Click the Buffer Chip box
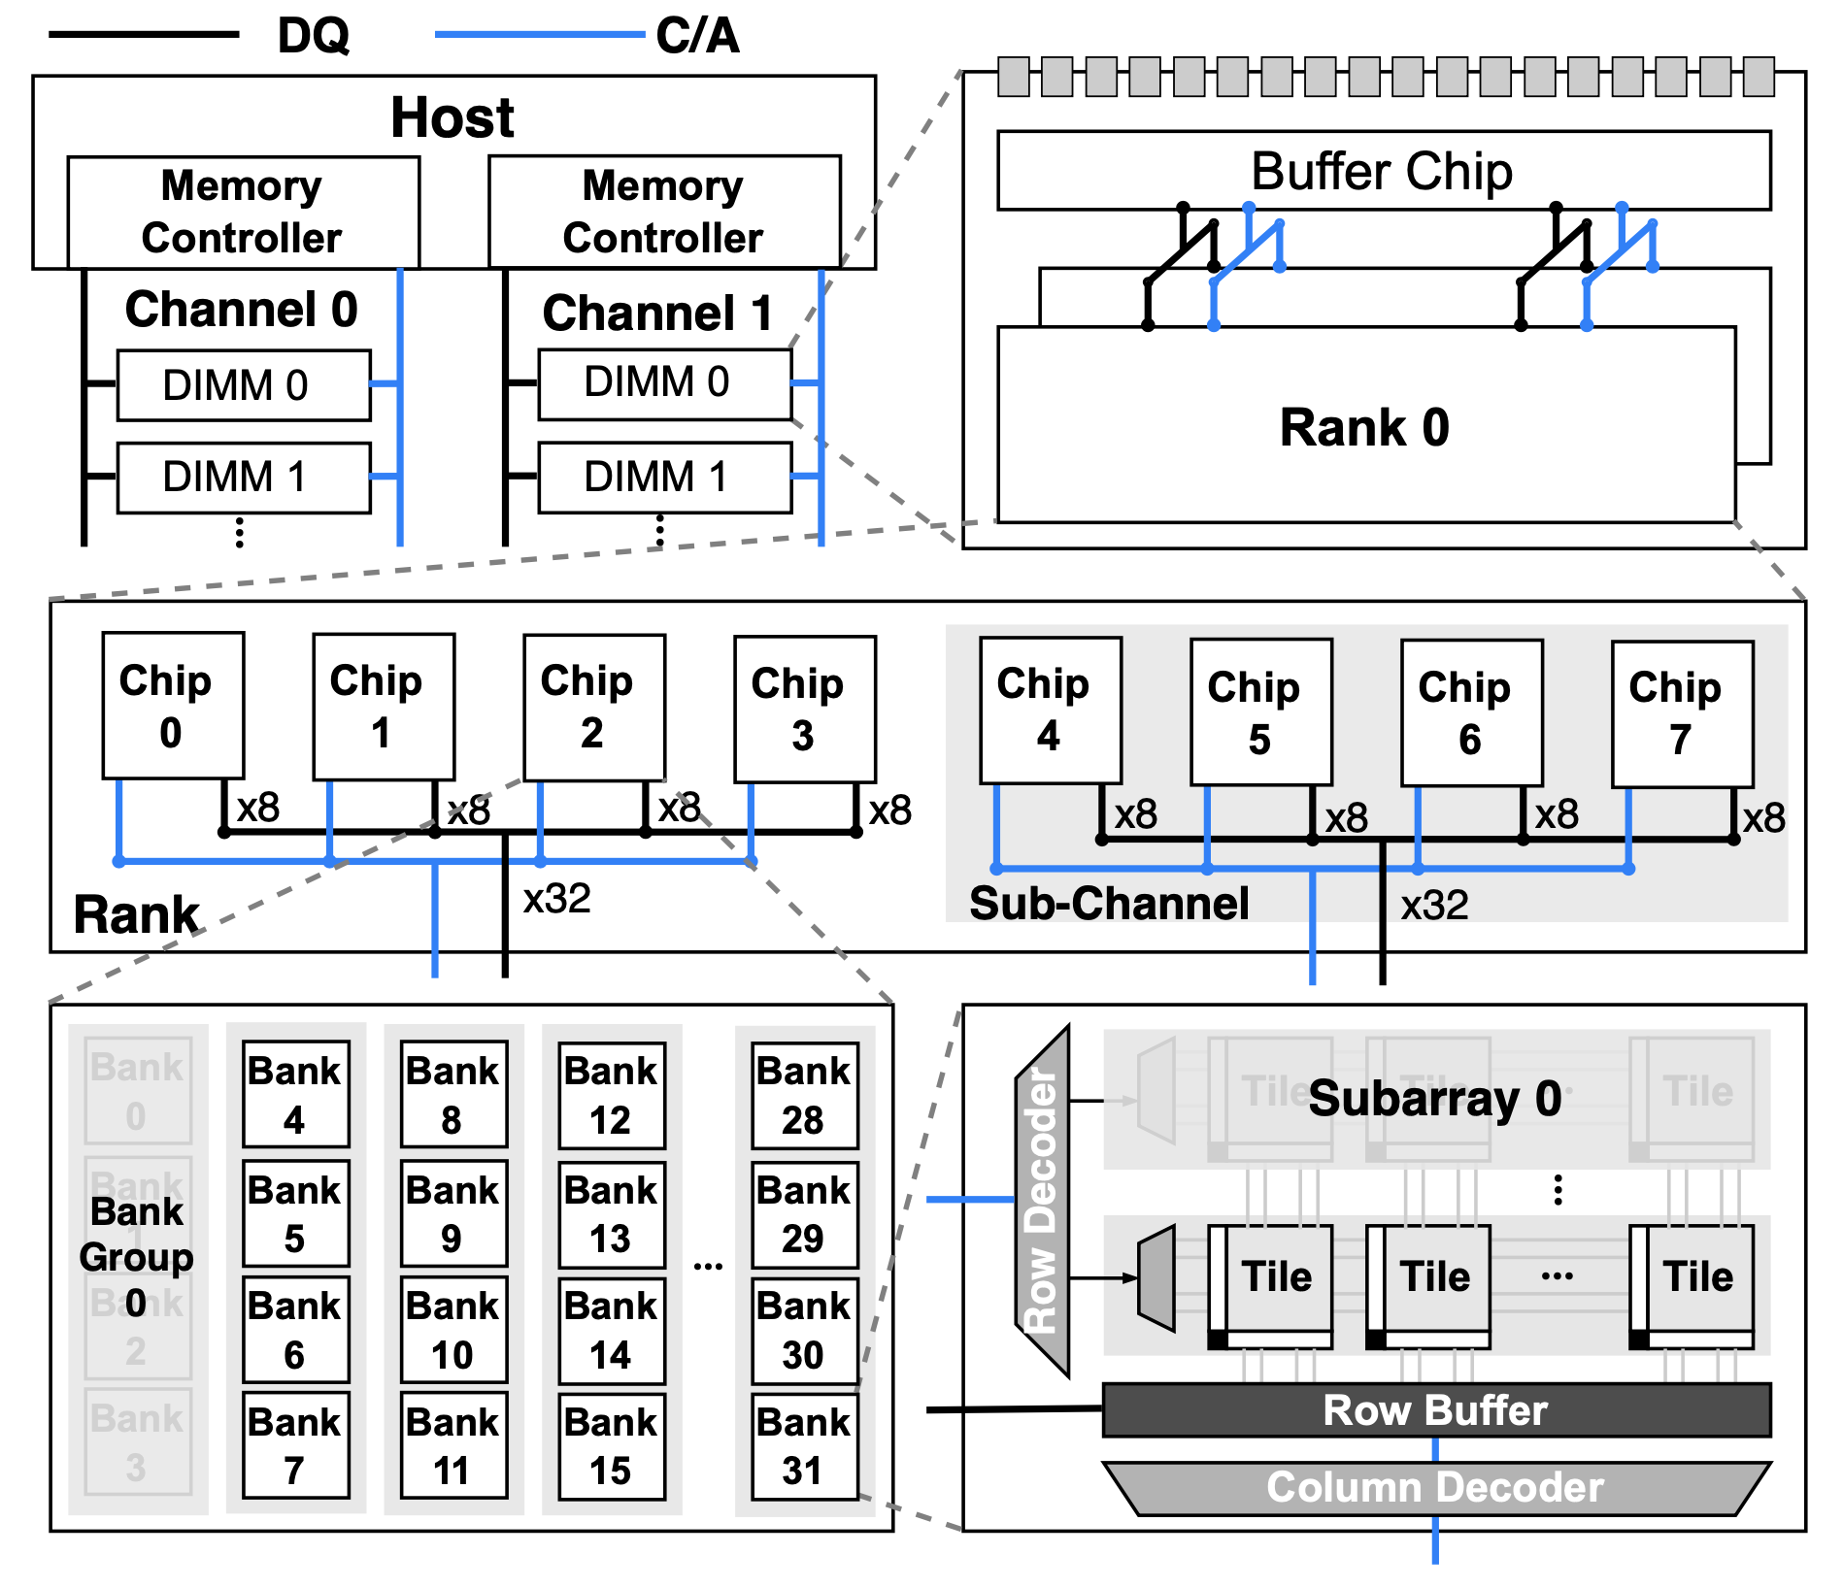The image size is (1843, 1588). (x=1383, y=171)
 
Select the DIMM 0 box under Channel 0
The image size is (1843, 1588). (x=244, y=385)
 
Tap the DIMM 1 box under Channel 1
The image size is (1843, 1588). (x=665, y=478)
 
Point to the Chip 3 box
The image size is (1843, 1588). (x=804, y=710)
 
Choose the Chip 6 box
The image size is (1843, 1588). (x=1471, y=712)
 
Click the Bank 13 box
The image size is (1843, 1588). (x=612, y=1214)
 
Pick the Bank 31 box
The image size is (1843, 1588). (x=804, y=1446)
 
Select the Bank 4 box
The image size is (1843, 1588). (x=295, y=1094)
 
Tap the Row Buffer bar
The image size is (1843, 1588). (x=1436, y=1410)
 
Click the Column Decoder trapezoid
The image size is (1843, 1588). (x=1436, y=1488)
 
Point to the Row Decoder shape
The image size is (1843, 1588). (x=1042, y=1200)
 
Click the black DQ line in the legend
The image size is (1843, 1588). (x=144, y=35)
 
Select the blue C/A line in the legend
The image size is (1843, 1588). (x=539, y=35)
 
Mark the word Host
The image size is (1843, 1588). (x=452, y=117)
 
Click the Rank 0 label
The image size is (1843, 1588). (x=1364, y=427)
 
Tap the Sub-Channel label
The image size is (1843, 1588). (x=1109, y=904)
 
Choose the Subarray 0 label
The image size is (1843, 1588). (x=1434, y=1099)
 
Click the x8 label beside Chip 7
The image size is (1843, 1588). (x=1763, y=818)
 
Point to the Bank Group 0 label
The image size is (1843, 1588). (x=137, y=1257)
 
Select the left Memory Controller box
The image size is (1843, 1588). (x=243, y=212)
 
